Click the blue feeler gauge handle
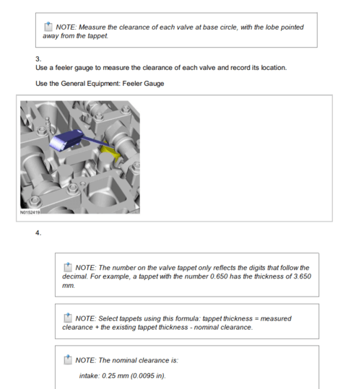click(66, 140)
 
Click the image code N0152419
click(30, 212)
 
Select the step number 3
click(38, 59)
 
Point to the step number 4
click(38, 233)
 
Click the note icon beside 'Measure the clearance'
click(48, 26)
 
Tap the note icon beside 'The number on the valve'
click(68, 267)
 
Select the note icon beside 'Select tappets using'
click(68, 318)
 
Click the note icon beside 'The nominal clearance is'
click(68, 359)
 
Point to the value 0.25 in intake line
click(109, 376)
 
